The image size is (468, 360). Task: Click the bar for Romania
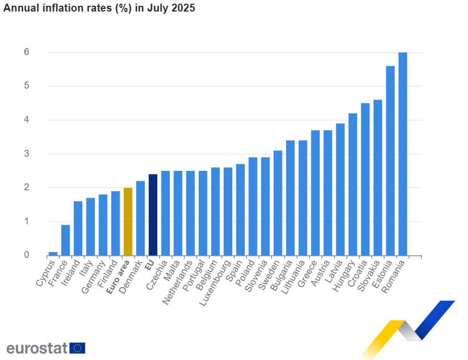coord(402,154)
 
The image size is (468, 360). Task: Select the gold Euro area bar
coord(128,222)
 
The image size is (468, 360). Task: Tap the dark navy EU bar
coord(153,215)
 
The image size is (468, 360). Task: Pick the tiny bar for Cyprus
coord(53,254)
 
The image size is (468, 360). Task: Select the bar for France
coord(66,240)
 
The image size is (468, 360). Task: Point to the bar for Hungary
coord(353,184)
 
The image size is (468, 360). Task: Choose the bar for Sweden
coord(278,203)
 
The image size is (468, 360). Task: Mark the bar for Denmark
coord(140,218)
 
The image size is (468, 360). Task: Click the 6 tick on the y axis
coord(26,52)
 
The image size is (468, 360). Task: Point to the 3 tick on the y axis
coord(26,154)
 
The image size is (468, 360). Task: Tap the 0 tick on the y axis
coord(26,255)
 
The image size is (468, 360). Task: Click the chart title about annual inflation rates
coord(99,9)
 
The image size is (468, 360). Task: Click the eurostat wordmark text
coord(37,348)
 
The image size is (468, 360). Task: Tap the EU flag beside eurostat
coord(78,348)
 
